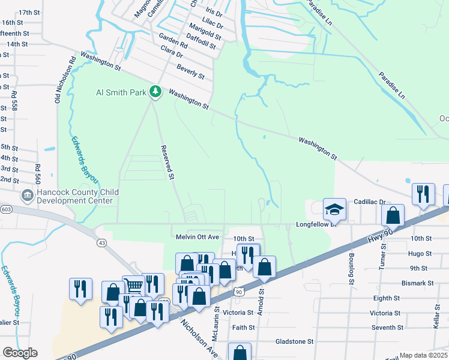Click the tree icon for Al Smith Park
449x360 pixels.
[156, 91]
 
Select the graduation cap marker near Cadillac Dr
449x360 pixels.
[335, 209]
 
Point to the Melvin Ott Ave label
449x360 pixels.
[197, 238]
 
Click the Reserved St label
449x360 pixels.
[167, 162]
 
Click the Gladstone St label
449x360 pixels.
[294, 341]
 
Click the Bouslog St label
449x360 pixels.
[352, 264]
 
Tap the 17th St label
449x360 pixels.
[29, 12]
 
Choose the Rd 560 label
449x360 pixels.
[37, 174]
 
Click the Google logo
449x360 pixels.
[20, 353]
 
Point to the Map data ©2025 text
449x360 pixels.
[423, 355]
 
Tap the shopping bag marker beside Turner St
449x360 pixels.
[392, 215]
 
